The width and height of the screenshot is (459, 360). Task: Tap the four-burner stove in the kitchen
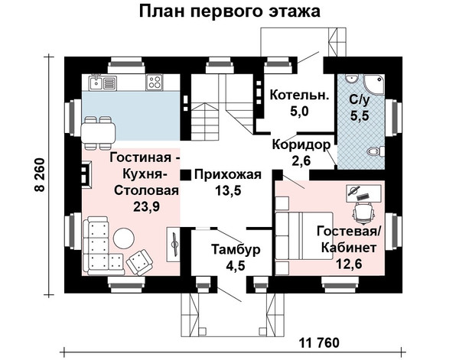(154, 83)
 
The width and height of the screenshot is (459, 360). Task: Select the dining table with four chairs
(98, 133)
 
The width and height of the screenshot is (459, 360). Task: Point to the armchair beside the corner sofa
(139, 262)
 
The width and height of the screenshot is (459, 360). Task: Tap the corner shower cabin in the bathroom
(374, 84)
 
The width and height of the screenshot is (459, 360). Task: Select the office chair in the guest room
(363, 212)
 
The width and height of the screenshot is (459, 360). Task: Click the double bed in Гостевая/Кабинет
(304, 235)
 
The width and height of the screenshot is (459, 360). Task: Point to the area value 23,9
(146, 207)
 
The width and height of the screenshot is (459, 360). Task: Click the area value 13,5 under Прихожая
(228, 190)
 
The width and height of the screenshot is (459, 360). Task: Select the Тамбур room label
(236, 250)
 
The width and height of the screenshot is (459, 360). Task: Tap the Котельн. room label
(299, 96)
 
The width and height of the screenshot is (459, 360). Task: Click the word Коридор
(301, 144)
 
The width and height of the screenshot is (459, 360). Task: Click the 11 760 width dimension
(319, 342)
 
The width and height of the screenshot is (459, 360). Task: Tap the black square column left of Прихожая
(185, 175)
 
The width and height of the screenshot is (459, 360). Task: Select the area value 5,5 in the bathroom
(360, 116)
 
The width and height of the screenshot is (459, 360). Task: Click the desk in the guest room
(364, 193)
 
